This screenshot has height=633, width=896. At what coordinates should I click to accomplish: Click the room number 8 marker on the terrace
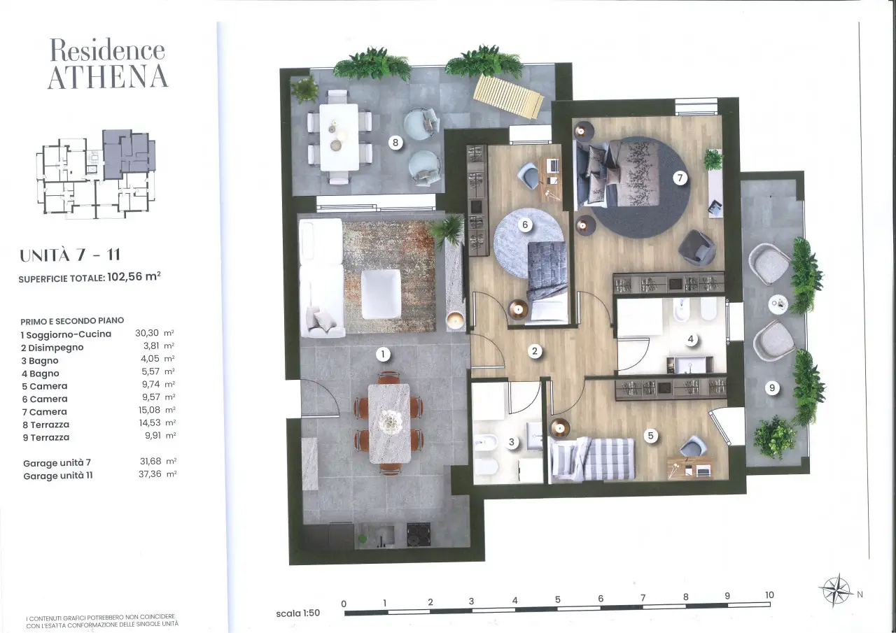(x=395, y=142)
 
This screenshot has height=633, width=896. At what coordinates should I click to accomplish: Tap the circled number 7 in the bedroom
(x=680, y=178)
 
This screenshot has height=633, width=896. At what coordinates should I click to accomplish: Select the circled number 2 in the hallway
(x=534, y=351)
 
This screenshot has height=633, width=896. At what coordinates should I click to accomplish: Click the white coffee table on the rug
(x=381, y=294)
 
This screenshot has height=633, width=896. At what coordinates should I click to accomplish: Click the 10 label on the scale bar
(x=769, y=595)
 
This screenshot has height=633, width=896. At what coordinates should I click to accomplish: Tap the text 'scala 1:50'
(x=298, y=613)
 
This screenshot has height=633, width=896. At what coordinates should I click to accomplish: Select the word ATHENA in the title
(x=108, y=77)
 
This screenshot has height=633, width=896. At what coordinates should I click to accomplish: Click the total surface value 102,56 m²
(x=134, y=276)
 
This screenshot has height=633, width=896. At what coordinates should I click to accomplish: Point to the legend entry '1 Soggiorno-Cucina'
(x=66, y=334)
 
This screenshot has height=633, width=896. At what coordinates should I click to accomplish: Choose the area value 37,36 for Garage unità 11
(x=150, y=474)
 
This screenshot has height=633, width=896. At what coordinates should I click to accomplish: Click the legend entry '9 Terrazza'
(x=46, y=438)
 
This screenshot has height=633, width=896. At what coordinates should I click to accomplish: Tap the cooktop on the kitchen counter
(x=419, y=534)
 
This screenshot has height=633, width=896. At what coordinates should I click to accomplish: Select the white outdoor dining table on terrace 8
(x=339, y=137)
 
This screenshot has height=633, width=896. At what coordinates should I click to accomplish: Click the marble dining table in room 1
(x=389, y=424)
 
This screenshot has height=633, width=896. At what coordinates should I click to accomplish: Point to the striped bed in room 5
(x=592, y=459)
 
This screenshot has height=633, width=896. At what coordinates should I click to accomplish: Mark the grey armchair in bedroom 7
(x=696, y=248)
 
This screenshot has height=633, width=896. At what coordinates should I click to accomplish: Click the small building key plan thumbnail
(x=96, y=174)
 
